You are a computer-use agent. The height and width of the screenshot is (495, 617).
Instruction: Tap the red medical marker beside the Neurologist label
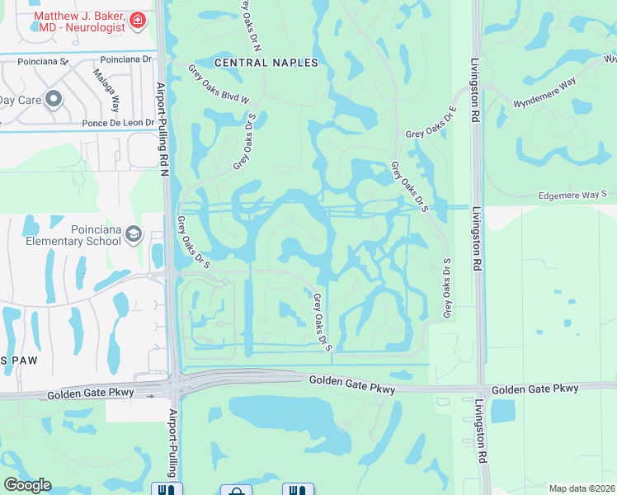[138, 20]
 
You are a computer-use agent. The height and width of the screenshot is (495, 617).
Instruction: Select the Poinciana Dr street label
[126, 59]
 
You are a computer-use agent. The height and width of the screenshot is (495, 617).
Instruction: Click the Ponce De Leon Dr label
[117, 122]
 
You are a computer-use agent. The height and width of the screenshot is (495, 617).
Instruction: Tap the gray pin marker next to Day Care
[54, 100]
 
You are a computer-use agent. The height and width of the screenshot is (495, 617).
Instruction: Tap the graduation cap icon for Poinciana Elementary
[133, 237]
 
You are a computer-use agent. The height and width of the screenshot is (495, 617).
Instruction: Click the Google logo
[27, 485]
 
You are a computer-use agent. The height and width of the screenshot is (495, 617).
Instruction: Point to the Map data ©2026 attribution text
[582, 488]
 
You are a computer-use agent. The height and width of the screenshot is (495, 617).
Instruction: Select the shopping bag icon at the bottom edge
[237, 490]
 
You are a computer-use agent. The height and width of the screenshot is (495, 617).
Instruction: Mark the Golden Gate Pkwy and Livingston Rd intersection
[480, 389]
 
